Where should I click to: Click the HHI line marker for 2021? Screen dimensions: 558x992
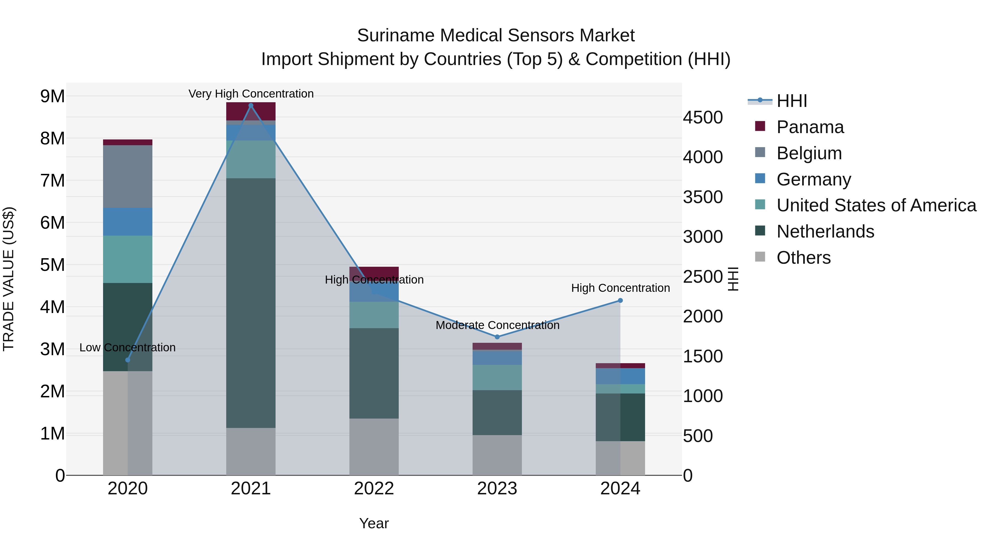coord(251,106)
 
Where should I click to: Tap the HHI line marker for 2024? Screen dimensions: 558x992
coord(620,300)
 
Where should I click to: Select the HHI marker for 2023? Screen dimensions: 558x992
coord(497,337)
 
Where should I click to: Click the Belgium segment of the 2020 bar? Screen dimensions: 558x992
coord(128,176)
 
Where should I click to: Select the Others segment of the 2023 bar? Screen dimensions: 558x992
coord(497,455)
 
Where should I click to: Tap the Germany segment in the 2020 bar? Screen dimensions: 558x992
coord(128,222)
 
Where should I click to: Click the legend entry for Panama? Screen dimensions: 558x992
coord(810,127)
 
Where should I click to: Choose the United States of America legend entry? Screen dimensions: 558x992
coord(876,205)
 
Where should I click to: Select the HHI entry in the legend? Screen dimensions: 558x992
coord(791,101)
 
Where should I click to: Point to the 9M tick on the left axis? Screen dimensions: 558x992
coord(53,96)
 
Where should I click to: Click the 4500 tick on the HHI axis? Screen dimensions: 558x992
coord(703,117)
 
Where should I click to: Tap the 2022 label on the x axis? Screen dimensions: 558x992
coord(374,489)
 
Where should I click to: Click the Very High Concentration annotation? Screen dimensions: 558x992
coord(251,94)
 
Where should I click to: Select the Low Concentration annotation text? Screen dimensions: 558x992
coord(128,347)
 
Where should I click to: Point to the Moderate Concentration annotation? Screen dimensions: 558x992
coord(497,325)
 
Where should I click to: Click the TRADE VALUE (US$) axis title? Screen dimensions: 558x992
coord(9,279)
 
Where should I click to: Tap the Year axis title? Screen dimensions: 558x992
coord(374,523)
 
